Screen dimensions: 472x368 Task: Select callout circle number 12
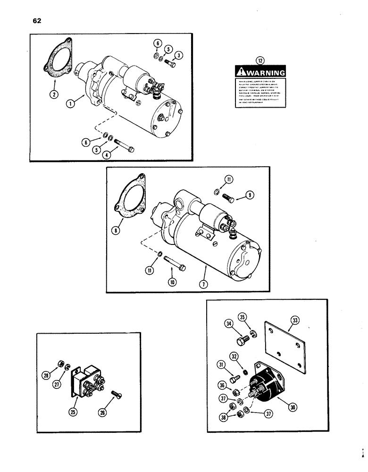[x=258, y=60]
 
